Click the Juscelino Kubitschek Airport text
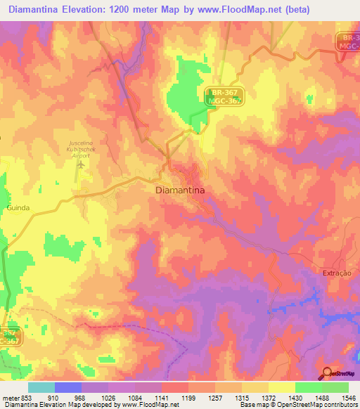click(82, 148)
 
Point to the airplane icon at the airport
click(81, 164)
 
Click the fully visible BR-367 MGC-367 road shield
click(225, 97)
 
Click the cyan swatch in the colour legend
click(41, 387)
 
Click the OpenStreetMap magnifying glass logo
click(327, 373)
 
